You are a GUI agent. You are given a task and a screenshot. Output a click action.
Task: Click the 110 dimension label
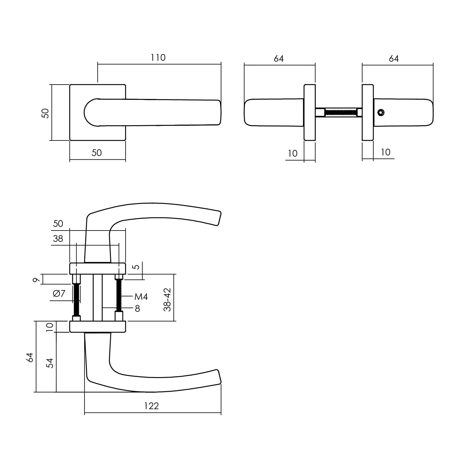click(158, 58)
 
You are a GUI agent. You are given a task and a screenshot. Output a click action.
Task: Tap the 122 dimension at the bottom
click(151, 406)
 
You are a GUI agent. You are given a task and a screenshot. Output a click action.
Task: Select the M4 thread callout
click(141, 296)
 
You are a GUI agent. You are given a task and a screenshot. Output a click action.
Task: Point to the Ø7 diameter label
click(59, 293)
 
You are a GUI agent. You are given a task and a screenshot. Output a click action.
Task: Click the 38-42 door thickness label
click(167, 299)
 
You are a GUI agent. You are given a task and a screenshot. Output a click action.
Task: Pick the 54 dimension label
click(49, 363)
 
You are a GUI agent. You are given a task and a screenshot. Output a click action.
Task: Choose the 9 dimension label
click(36, 279)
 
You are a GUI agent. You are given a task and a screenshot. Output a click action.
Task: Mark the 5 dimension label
click(137, 267)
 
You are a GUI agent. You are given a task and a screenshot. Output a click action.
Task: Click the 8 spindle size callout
click(137, 309)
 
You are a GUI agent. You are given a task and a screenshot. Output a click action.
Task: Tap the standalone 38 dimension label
click(58, 238)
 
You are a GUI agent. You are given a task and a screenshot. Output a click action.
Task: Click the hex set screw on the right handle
click(380, 113)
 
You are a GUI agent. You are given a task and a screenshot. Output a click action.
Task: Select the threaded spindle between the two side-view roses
click(340, 112)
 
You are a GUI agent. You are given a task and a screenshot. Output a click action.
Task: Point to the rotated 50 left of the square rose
click(45, 114)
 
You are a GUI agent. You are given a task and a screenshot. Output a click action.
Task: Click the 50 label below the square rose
click(96, 153)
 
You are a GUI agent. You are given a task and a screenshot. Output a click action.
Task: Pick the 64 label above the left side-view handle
click(278, 58)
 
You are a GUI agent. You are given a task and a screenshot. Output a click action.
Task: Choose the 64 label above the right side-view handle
click(394, 58)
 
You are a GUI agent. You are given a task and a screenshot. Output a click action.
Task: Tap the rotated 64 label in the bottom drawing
click(29, 357)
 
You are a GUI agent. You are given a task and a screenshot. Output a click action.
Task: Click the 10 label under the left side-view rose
click(293, 153)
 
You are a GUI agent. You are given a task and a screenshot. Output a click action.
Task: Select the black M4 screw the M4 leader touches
click(118, 296)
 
